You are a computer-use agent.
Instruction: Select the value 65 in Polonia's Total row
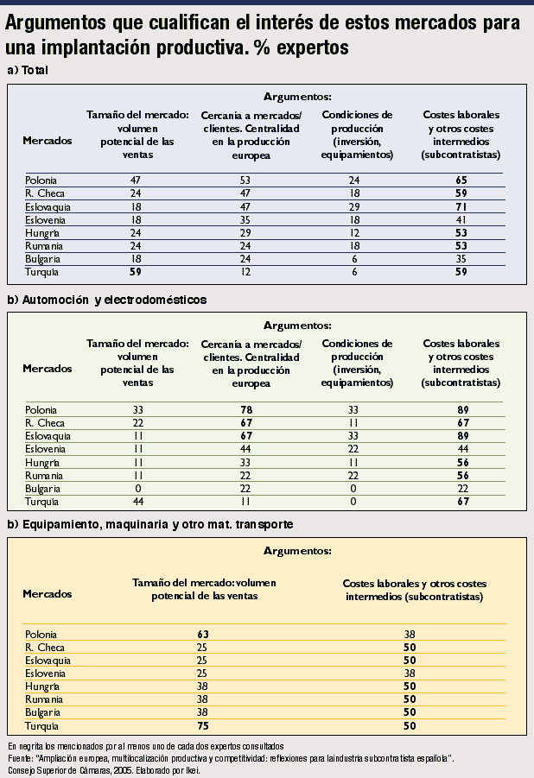(461, 180)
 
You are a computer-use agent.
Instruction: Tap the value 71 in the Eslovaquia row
(461, 207)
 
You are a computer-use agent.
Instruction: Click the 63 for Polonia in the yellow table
(203, 633)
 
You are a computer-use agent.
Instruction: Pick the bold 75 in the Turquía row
(203, 726)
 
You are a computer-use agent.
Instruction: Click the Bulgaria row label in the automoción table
(42, 489)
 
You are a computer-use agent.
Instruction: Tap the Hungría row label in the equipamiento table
(42, 686)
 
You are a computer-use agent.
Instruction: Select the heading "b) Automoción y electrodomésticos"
(106, 300)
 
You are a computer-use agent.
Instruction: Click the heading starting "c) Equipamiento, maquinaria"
(149, 523)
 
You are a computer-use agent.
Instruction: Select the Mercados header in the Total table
(48, 140)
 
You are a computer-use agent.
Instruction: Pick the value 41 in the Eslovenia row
(461, 220)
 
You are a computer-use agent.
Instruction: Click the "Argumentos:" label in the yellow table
(297, 549)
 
